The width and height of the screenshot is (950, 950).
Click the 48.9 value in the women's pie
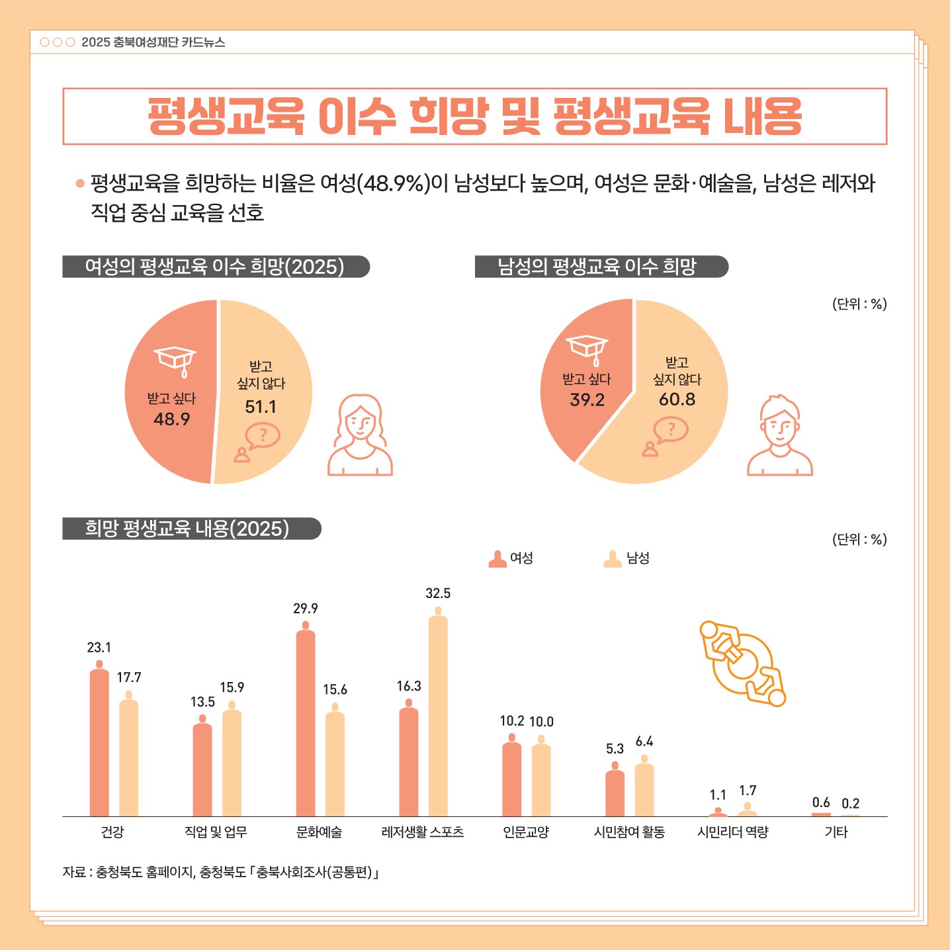(x=171, y=419)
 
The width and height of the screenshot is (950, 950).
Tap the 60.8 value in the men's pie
(x=677, y=400)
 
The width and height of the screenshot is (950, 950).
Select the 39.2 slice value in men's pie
(x=587, y=400)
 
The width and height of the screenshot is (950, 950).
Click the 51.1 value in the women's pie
(x=261, y=407)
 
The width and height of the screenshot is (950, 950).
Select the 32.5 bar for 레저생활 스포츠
(x=438, y=714)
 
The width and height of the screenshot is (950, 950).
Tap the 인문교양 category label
(x=526, y=832)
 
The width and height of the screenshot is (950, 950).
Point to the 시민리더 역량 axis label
(x=733, y=832)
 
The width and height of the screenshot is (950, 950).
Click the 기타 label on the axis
(x=836, y=832)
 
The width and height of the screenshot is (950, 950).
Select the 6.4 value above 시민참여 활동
(x=644, y=742)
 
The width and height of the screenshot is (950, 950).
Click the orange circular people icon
(x=743, y=664)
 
